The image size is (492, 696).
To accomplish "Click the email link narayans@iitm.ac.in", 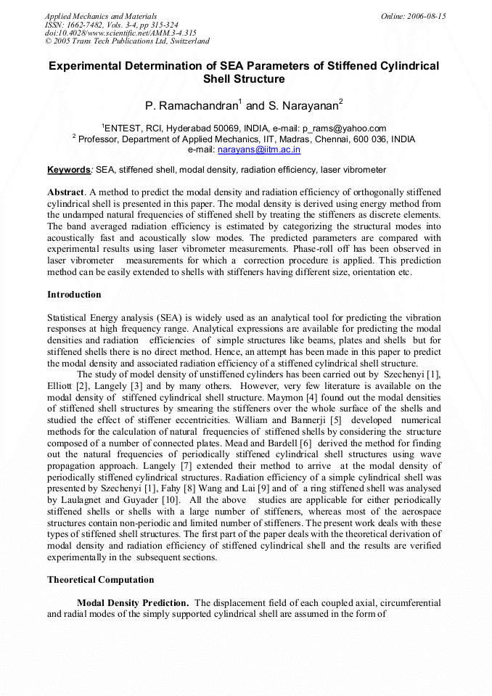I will [259, 150].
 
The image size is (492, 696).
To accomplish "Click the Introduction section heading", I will [74, 295].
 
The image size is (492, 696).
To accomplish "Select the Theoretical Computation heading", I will [101, 580].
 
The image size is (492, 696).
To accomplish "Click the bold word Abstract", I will [65, 192].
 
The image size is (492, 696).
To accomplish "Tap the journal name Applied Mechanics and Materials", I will [101, 16].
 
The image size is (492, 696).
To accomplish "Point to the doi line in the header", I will [120, 33].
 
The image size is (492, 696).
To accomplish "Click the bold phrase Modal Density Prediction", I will [134, 603].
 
